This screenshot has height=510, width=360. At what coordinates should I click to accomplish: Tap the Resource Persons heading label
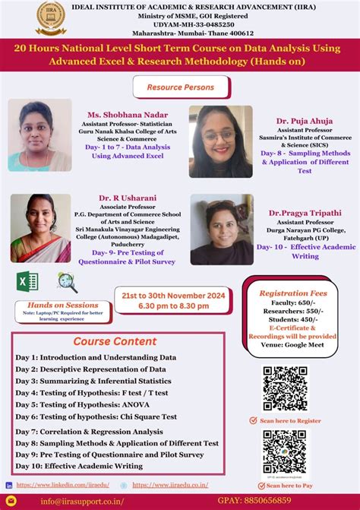coord(180,87)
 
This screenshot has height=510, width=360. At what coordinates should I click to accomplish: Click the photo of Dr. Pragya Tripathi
coord(222,229)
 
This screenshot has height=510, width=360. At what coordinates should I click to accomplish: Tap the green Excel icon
coord(28,283)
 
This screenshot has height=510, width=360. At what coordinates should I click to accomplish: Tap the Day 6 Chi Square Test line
coord(96,417)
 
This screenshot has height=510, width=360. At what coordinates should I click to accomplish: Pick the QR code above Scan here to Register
coord(286,388)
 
